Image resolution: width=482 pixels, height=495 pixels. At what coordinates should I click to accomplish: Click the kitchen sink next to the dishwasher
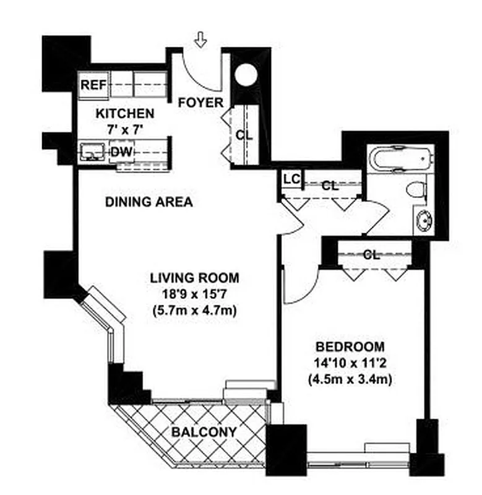pos(93,151)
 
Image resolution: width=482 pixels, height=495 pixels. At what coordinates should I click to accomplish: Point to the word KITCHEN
pos(124,114)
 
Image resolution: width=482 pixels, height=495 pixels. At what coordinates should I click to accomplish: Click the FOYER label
pos(200,103)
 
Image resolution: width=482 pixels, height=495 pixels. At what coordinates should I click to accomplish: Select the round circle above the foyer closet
pos(246,75)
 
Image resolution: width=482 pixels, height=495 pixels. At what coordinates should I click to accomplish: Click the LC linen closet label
pos(291,179)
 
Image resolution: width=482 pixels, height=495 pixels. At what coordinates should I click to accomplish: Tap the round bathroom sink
pos(424,220)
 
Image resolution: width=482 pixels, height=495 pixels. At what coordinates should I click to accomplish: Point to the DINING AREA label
pos(148,202)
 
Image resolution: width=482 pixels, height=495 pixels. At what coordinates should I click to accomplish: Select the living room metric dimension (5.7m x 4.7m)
pos(194,311)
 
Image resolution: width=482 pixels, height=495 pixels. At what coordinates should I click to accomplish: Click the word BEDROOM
pos(350,346)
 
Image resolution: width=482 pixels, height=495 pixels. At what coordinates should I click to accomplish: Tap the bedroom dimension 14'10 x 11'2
pos(350,363)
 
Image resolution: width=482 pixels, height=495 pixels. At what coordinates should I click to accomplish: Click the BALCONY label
pos(204,431)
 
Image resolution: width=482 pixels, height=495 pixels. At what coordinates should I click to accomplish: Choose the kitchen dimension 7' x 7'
pos(124,130)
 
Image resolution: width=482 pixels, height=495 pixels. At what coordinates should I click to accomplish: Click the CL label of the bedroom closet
pos(371,254)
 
